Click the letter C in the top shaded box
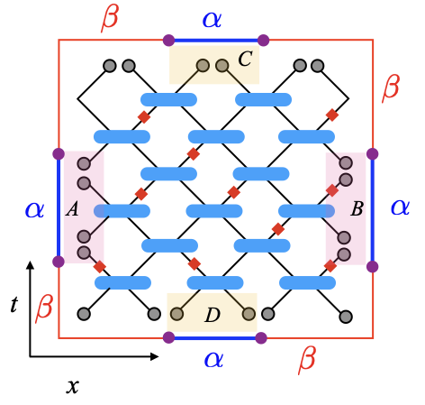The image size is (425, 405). coord(245,59)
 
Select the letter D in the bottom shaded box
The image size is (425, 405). coord(212,315)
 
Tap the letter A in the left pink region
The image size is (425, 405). coord(72,208)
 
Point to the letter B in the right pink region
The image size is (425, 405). coord(357,208)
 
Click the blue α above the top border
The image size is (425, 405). coord(212,20)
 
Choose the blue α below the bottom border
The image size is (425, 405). coord(213,360)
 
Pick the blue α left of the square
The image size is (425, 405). coord(35,210)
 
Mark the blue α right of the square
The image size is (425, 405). coord(400,207)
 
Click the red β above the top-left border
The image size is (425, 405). coord(110,19)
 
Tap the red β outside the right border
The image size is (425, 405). coord(391,88)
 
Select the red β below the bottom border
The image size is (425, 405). coord(307,361)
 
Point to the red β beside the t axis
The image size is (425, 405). coord(44,308)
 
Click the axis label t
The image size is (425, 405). coord(14,304)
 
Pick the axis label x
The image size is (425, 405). coord(73,386)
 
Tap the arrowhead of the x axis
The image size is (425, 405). coord(154,356)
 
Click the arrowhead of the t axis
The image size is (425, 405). coord(30,265)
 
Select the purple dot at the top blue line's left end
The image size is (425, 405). coord(168,40)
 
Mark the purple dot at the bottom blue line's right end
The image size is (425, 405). coord(261,338)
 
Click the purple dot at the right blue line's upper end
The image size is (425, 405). coord(373,153)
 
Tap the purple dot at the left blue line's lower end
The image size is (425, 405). coord(59,262)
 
